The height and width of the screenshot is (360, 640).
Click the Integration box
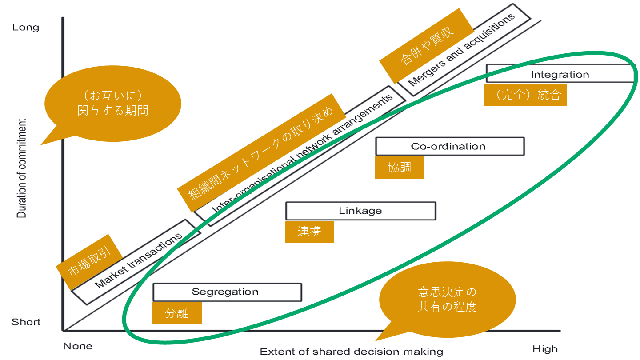click(560, 74)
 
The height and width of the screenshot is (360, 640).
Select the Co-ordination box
click(449, 146)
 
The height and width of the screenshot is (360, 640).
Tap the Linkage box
click(360, 211)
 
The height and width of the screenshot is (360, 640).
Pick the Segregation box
click(227, 292)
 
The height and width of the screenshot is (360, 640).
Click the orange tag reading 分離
click(176, 313)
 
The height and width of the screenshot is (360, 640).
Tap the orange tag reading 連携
click(309, 232)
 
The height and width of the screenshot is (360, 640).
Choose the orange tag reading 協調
click(400, 167)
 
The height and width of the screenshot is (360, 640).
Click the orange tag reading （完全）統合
click(525, 95)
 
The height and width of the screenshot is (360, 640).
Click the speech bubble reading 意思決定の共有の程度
click(447, 300)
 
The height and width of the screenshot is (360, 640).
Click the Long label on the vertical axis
click(26, 28)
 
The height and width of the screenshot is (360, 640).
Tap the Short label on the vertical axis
click(26, 322)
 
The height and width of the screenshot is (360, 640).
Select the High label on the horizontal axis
click(545, 349)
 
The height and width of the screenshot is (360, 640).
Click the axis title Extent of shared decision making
click(352, 352)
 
